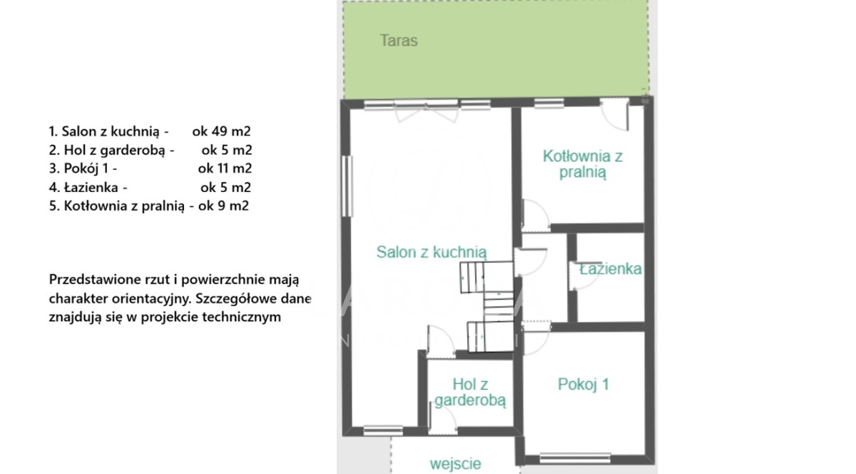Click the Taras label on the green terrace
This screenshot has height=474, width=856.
tap(399, 41)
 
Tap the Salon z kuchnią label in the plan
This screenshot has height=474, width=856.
tap(432, 253)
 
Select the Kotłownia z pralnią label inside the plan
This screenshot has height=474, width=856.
tap(583, 164)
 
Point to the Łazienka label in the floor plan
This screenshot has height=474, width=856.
tap(611, 269)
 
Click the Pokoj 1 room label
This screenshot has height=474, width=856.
tap(584, 384)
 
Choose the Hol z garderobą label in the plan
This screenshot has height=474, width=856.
tap(470, 392)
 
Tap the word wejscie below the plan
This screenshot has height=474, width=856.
tap(456, 464)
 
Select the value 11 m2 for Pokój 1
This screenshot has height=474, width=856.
tap(235, 168)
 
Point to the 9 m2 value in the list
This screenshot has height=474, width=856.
tap(233, 206)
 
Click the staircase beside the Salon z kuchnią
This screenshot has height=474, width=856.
tap(486, 306)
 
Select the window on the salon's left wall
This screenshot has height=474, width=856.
tap(347, 186)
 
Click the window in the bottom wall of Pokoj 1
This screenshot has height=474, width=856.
tap(575, 458)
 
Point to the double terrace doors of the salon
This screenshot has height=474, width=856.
tap(427, 111)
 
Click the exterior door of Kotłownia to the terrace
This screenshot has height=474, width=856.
tap(614, 114)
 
